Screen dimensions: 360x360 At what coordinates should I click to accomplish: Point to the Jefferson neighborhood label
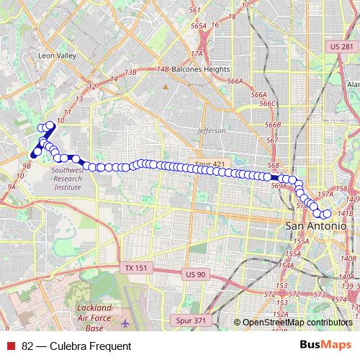(211, 131)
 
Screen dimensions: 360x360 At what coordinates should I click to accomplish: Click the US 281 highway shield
(343, 47)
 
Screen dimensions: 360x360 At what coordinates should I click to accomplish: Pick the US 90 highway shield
(195, 274)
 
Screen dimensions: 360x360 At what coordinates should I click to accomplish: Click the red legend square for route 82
(11, 346)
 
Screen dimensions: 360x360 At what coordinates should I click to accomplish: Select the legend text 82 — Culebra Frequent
(76, 346)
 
